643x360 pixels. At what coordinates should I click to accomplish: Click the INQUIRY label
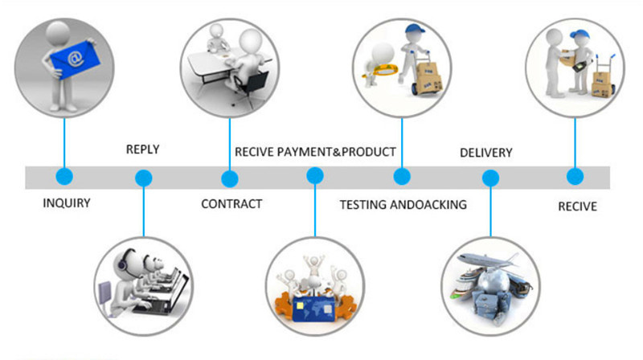(x=66, y=203)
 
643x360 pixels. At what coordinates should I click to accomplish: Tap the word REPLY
(x=143, y=149)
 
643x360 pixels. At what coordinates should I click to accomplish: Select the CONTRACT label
(x=231, y=204)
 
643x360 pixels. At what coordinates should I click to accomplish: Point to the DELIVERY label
(x=485, y=153)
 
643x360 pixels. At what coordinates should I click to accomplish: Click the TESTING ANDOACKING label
(x=403, y=205)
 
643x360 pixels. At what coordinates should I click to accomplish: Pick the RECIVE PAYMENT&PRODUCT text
(x=315, y=151)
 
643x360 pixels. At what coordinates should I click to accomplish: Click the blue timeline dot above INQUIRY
(x=63, y=176)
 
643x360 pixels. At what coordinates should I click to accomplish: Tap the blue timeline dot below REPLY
(x=144, y=178)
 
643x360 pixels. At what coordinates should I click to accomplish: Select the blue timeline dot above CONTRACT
(x=230, y=178)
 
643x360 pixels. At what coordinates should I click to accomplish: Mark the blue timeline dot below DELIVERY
(x=489, y=178)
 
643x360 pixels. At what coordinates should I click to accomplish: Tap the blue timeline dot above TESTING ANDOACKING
(x=402, y=177)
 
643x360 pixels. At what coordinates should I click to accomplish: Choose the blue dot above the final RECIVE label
(x=573, y=177)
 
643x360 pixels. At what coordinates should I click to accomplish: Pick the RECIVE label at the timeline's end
(x=577, y=207)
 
